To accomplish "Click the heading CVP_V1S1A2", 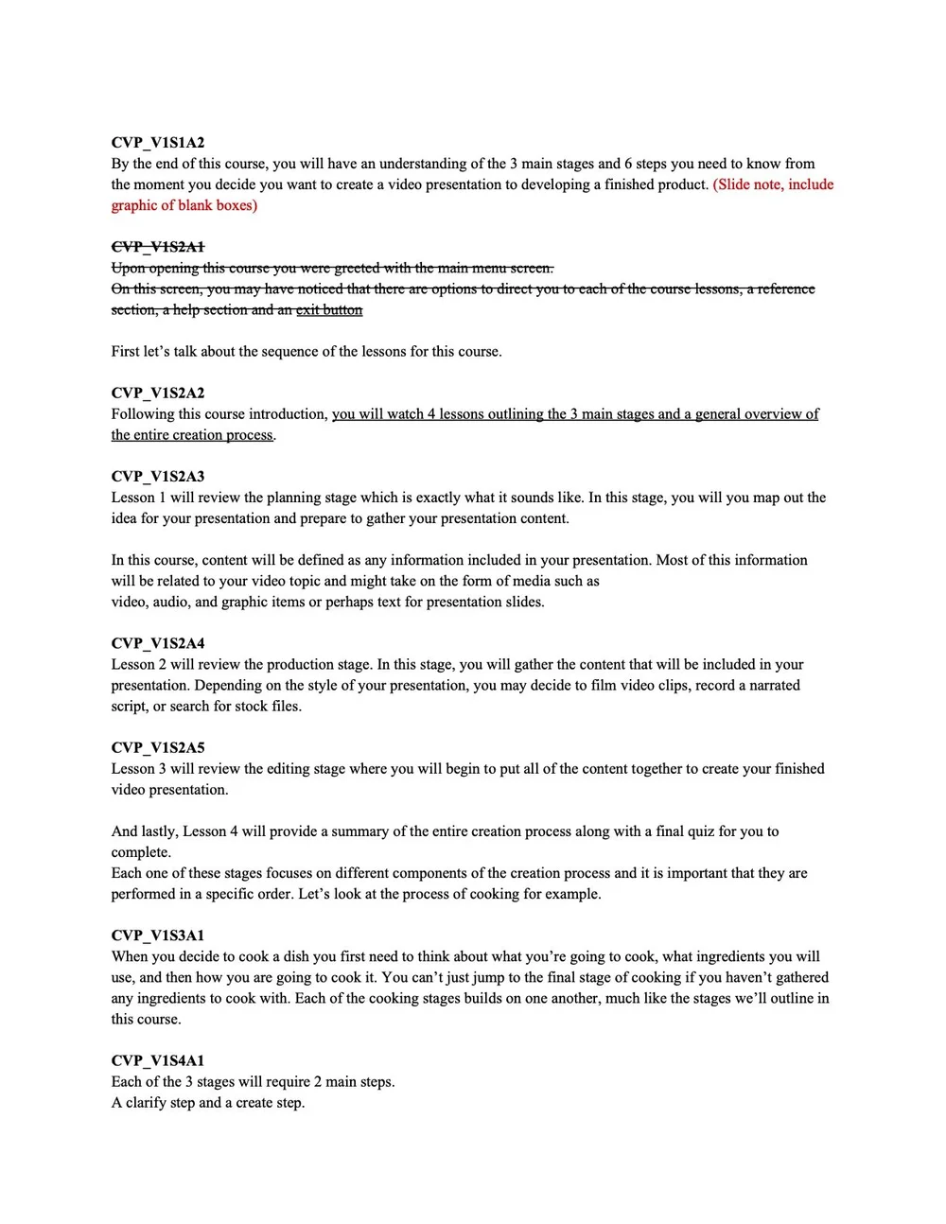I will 158,143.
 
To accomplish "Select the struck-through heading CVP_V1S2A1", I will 158,247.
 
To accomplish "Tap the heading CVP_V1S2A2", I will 158,393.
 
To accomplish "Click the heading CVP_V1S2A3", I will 158,476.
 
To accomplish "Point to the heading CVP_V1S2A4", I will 158,643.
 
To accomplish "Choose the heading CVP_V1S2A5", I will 158,747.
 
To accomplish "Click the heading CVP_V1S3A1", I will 158,935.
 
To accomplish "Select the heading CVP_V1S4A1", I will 158,1060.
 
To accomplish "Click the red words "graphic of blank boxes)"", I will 184,205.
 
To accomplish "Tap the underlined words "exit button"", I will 329,309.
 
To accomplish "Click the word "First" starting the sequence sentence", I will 125,351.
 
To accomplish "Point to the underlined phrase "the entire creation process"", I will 192,434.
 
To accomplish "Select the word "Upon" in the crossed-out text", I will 129,268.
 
